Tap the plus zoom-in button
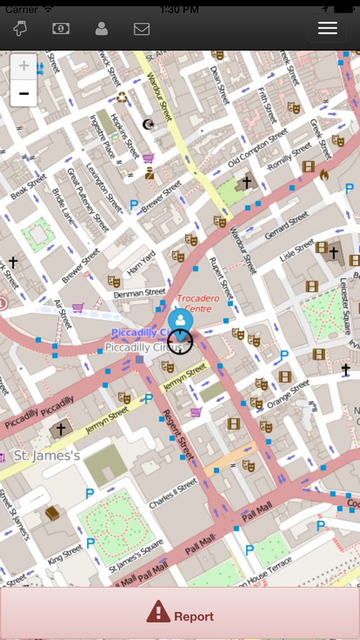coord(24,67)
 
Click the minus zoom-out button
coord(24,94)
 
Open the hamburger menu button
coord(327,28)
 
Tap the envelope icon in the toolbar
coord(142,29)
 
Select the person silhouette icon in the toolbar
coord(101,29)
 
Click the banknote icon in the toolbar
coord(61,29)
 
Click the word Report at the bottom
coord(194,616)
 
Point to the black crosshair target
coord(180,341)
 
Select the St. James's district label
coord(47,456)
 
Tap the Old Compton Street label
coord(257,149)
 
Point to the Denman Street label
coord(139,292)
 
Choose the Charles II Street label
coord(173,494)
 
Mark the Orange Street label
coord(287,394)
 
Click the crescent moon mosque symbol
coord(148,124)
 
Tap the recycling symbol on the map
coord(122,97)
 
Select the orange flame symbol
coord(324,175)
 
